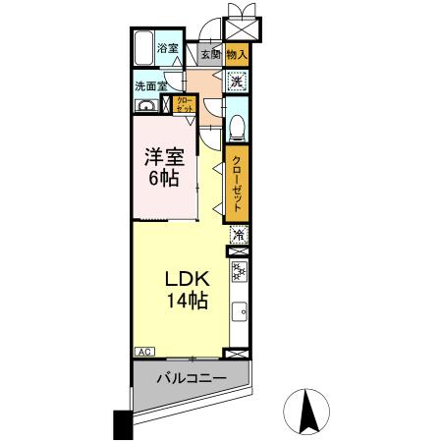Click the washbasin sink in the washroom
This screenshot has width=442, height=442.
[x=146, y=106]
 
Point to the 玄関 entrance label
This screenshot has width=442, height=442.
[x=210, y=57]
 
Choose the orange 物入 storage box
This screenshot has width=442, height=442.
[x=236, y=57]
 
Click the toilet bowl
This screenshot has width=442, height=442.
[x=236, y=126]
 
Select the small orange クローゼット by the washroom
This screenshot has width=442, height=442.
[x=185, y=105]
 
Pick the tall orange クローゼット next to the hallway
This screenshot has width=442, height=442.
[x=237, y=184]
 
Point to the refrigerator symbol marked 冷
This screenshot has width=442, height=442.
[x=237, y=236]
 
